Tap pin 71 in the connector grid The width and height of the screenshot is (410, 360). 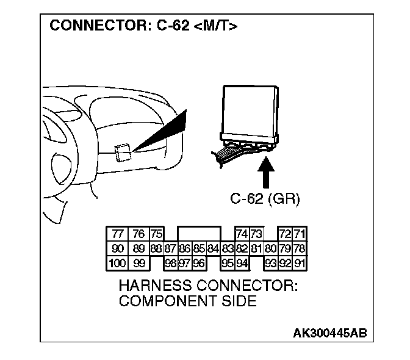click(300, 234)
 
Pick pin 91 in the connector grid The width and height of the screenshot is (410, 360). click(300, 264)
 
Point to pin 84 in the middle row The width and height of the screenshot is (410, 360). click(213, 249)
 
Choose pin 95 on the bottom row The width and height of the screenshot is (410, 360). click(228, 264)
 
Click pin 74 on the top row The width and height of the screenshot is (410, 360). click(242, 234)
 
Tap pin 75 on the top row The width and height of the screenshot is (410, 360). click(156, 234)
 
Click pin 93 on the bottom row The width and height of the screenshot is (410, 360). click(271, 264)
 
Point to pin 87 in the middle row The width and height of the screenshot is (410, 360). click(170, 249)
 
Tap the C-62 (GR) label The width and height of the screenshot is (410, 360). click(265, 198)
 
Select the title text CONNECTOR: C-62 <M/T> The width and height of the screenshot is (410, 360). click(143, 26)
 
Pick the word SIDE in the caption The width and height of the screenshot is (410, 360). click(237, 301)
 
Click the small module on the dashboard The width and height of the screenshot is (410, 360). click(122, 151)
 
